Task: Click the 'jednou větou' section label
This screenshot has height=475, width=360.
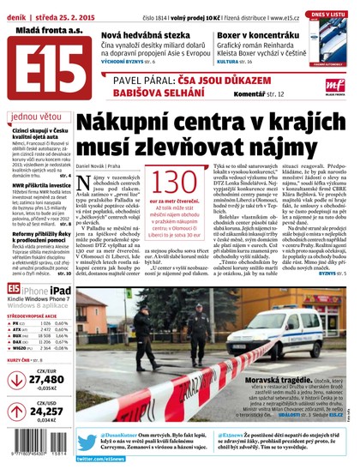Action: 37,117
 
